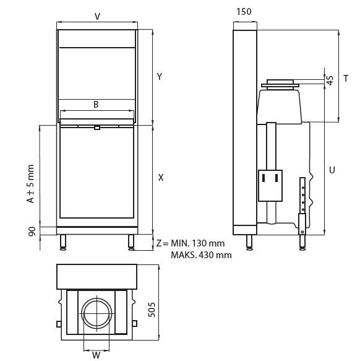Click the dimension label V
pyautogui.click(x=97, y=17)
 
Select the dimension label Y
pyautogui.click(x=159, y=77)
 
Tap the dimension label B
pyautogui.click(x=96, y=105)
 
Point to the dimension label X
pyautogui.click(x=160, y=177)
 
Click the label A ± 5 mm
pyautogui.click(x=30, y=184)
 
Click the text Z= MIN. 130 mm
pyautogui.click(x=190, y=243)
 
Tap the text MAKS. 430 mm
pyautogui.click(x=197, y=254)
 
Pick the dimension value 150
pyautogui.click(x=244, y=12)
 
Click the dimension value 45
pyautogui.click(x=330, y=80)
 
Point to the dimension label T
pyautogui.click(x=346, y=78)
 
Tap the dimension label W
pyautogui.click(x=96, y=355)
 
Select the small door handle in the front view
pyautogui.click(x=96, y=128)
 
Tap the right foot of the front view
pyautogui.click(x=131, y=242)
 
